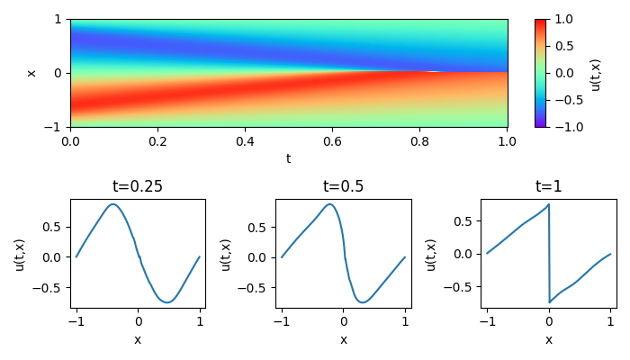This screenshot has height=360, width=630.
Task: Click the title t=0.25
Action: (138, 187)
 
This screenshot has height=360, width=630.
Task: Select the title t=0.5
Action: (343, 187)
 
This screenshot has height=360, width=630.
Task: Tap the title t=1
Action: (548, 187)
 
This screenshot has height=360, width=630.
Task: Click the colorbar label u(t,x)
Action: (596, 73)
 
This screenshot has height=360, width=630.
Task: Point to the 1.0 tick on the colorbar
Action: (562, 19)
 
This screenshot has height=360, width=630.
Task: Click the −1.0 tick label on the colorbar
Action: (562, 127)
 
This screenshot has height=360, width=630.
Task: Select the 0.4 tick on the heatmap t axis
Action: (245, 140)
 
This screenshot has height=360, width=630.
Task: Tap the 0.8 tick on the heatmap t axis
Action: (419, 140)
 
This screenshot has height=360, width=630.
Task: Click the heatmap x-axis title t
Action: (288, 158)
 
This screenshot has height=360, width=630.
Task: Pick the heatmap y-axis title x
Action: (31, 73)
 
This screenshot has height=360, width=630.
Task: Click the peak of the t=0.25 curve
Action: (112, 204)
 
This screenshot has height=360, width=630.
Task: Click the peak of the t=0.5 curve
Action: (330, 204)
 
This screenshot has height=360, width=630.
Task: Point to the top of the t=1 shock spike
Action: (548, 204)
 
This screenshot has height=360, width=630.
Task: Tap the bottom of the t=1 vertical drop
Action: (549, 302)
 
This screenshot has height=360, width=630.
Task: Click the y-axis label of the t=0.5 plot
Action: (226, 254)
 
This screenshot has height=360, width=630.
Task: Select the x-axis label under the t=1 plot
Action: (548, 339)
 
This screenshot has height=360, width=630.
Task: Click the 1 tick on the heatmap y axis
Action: (58, 19)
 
